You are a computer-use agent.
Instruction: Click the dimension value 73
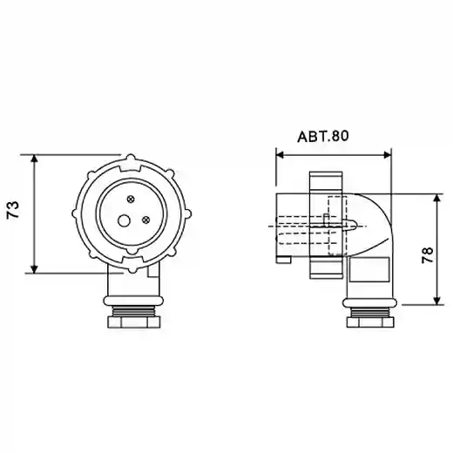pyautogui.click(x=13, y=210)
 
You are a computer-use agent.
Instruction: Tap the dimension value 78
pyautogui.click(x=428, y=255)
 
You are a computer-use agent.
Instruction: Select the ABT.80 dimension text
pyautogui.click(x=323, y=137)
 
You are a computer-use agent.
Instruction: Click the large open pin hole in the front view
pyautogui.click(x=124, y=220)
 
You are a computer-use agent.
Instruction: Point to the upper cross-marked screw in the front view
pyautogui.click(x=131, y=199)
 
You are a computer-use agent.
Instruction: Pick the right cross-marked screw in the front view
pyautogui.click(x=145, y=220)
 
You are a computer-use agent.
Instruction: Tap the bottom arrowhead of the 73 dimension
pyautogui.click(x=34, y=268)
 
